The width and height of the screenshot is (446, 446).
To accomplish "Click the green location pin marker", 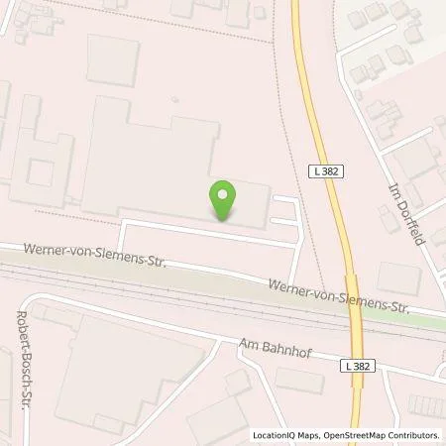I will point(224,200).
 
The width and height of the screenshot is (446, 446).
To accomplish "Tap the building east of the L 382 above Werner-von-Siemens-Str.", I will point(398,279).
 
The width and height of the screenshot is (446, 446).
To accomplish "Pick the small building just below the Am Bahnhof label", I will point(298,380).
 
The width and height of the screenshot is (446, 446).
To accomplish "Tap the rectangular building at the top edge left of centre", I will point(113,59).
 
